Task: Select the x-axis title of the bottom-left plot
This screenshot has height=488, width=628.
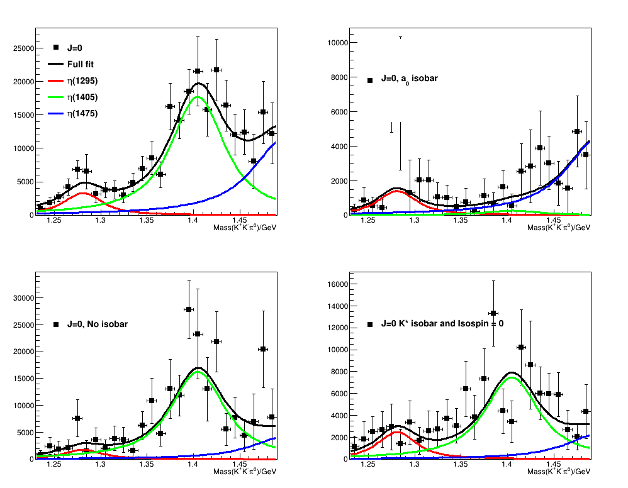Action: click(245, 472)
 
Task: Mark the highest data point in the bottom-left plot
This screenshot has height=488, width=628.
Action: click(189, 309)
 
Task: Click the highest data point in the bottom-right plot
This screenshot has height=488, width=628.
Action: click(493, 313)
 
